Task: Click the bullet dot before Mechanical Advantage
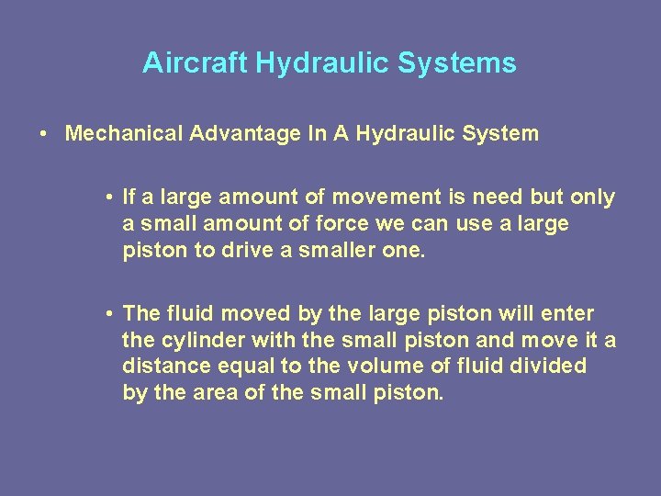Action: pos(44,134)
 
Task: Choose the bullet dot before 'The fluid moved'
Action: pos(108,314)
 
